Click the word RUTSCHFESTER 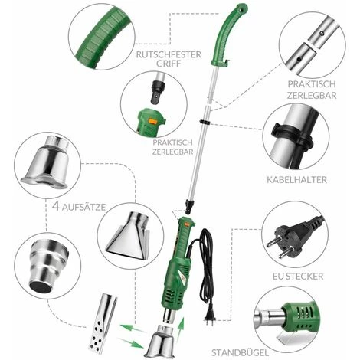[x=169, y=54]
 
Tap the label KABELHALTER [x=296, y=179]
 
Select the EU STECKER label [x=298, y=277]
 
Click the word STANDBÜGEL [x=240, y=353]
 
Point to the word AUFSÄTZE [x=83, y=207]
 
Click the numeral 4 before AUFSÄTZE [x=56, y=206]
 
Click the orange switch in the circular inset [x=153, y=121]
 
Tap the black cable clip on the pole [x=205, y=122]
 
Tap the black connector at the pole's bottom [x=189, y=205]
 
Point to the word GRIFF [x=169, y=64]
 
